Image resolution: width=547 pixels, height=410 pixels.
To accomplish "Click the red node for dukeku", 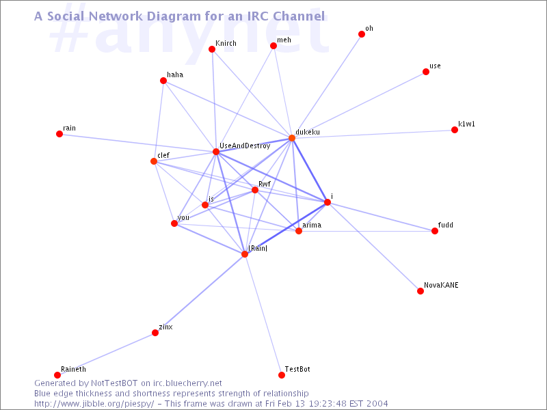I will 292,138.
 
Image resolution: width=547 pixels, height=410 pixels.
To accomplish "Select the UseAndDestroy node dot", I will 216,152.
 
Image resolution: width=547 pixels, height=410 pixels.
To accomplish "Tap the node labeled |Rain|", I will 245,254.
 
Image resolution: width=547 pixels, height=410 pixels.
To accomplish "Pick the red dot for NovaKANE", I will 421,291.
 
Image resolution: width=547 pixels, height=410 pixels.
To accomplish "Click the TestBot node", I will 282,375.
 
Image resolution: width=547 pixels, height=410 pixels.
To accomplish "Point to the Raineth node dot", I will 58,375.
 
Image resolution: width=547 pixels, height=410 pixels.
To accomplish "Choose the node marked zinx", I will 155,333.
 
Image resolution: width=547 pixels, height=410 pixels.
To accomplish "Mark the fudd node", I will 435,231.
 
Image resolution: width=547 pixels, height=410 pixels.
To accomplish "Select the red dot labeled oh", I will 362,34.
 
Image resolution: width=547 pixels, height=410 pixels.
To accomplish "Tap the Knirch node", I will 212,49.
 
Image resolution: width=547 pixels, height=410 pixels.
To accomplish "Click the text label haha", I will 175,74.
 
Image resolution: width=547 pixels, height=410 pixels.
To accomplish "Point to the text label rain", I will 69,128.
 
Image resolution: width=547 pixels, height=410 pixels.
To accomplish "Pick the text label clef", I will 163,155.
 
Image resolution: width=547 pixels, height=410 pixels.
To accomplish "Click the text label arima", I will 312,225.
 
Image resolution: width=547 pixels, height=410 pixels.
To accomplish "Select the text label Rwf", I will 265,184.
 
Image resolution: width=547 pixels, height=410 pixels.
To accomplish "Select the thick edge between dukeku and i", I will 310,170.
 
